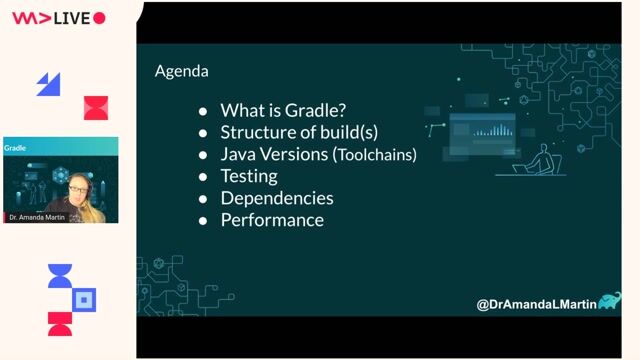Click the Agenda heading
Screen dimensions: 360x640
[x=182, y=72]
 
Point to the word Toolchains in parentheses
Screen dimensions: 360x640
[x=375, y=155]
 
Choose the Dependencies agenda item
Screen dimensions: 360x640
[x=277, y=198]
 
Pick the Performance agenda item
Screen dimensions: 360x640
[x=272, y=220]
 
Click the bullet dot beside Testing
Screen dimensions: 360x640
[x=203, y=177]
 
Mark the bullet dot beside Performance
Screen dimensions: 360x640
[x=203, y=221]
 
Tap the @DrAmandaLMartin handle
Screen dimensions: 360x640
[x=534, y=303]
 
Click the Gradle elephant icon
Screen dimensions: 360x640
[x=609, y=300]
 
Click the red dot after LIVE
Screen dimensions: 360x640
[x=100, y=18]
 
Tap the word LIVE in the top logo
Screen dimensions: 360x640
[x=72, y=18]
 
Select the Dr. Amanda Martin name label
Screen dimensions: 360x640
[x=33, y=217]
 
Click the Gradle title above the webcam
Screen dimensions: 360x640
[x=15, y=148]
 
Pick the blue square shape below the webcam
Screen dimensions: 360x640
[x=85, y=298]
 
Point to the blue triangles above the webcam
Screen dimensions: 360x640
[x=48, y=84]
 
